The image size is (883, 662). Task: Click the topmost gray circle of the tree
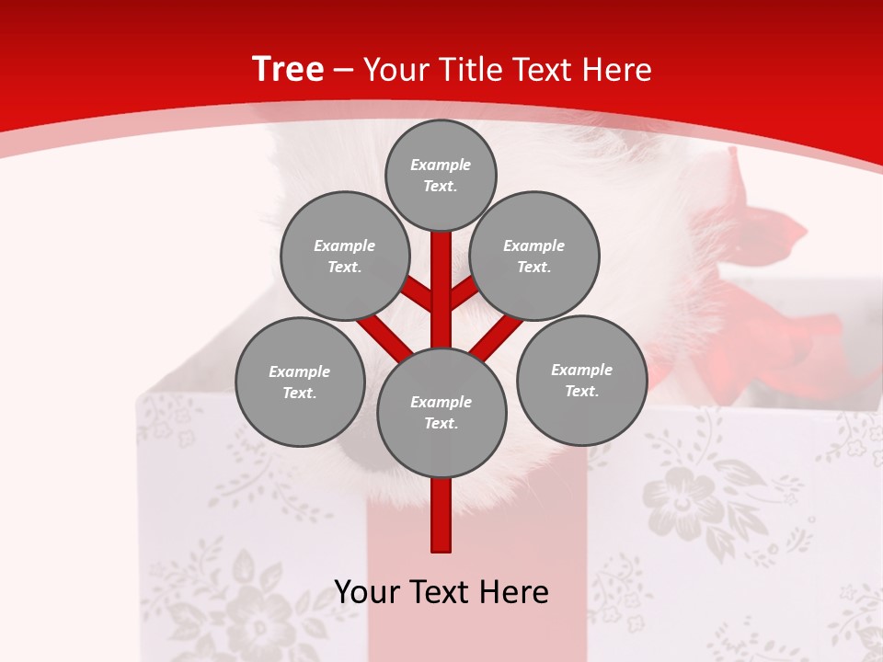441,175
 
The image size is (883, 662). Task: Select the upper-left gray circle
344,256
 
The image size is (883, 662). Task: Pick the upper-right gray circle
533,256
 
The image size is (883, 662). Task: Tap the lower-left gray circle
299,382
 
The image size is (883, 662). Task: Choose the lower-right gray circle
581,380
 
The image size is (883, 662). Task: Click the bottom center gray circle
441,412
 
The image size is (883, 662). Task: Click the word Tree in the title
288,69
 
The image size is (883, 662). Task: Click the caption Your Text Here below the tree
441,592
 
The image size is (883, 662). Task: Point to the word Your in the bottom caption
366,592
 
